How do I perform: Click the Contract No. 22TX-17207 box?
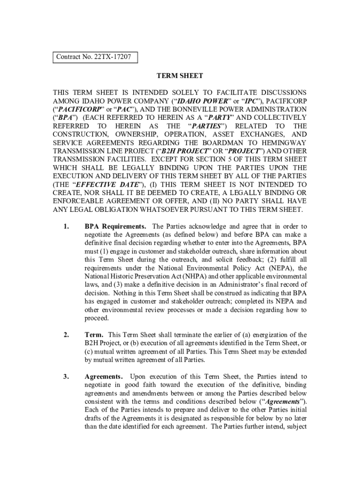(94, 58)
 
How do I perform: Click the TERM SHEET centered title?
(180, 76)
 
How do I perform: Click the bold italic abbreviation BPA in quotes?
(65, 118)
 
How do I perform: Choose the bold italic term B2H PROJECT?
(180, 151)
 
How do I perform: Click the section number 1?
(66, 227)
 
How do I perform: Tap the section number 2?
(66, 334)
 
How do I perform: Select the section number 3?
(66, 376)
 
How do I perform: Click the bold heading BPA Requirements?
(115, 227)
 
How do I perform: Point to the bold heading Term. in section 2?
(94, 334)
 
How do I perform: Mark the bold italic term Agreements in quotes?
(283, 401)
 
